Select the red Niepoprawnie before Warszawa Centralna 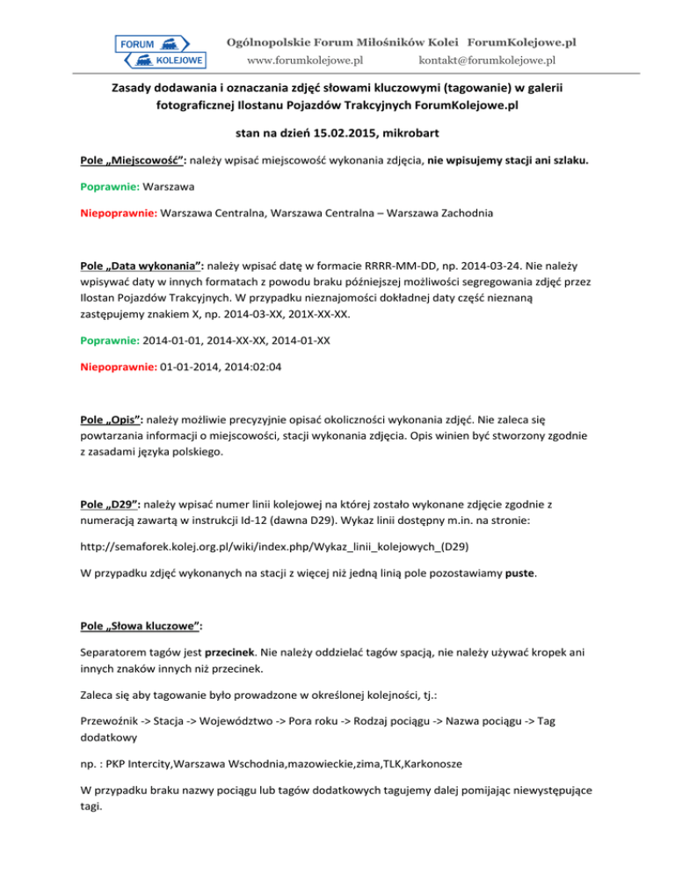114,213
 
